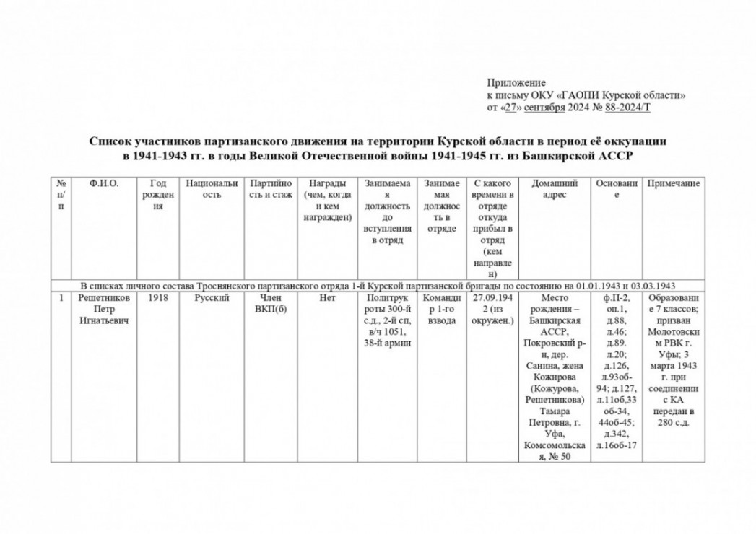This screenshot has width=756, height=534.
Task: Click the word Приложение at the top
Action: tap(516, 83)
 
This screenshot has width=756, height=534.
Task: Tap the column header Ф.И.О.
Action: tap(104, 184)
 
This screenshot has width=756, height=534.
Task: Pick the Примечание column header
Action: tap(674, 184)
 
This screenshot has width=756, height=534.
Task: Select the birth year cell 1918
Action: tap(157, 297)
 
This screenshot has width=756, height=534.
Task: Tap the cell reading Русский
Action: tap(211, 297)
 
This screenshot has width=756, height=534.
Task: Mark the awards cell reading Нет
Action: tap(327, 297)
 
